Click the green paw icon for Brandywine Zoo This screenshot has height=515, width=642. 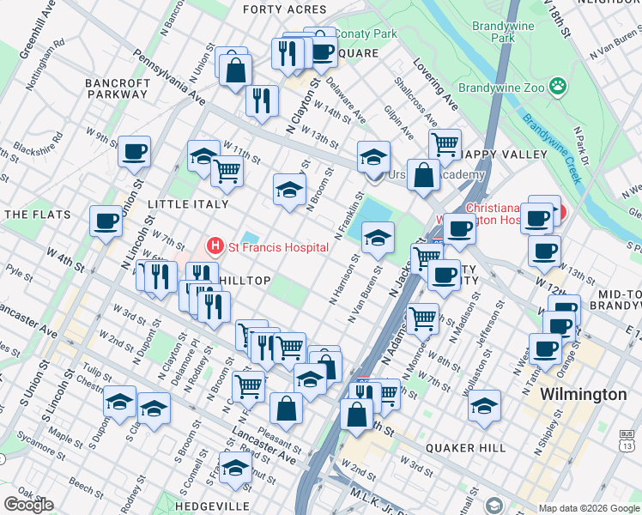point(559,86)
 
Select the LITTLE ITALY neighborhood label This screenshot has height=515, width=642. point(188,204)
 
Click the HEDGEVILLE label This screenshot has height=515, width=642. point(212,506)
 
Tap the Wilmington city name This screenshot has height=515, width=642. point(583,395)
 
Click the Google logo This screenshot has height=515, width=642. point(28,505)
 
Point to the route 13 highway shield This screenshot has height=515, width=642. point(628,445)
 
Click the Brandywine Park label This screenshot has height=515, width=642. point(504,33)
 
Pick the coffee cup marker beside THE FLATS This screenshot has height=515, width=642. point(106,221)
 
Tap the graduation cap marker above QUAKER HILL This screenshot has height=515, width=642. point(484,405)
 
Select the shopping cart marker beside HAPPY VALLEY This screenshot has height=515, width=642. point(445,144)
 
